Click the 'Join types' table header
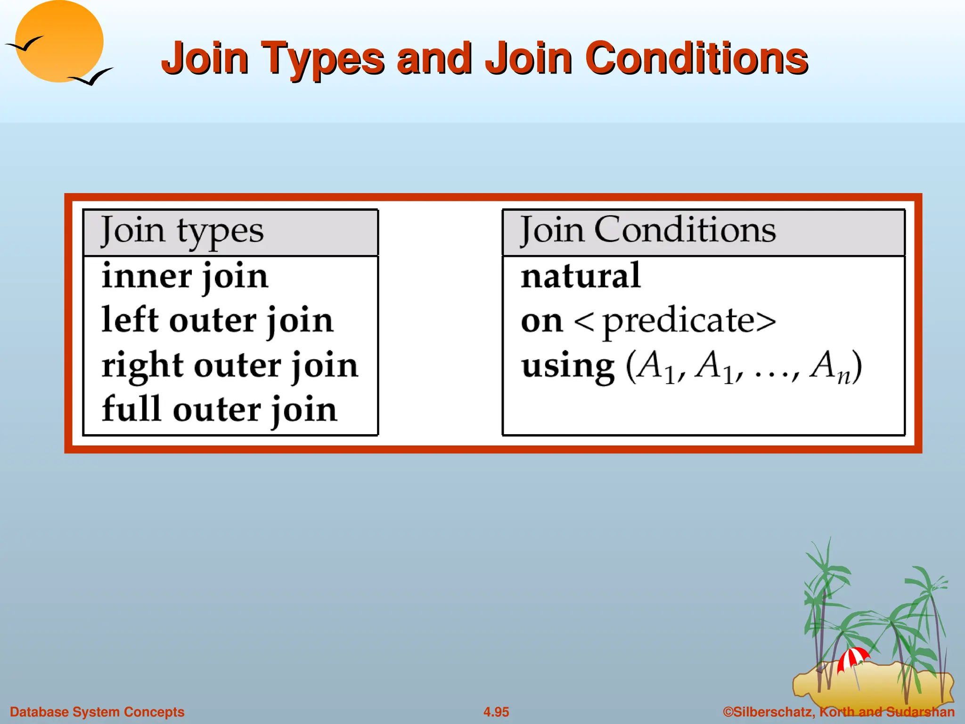point(182,231)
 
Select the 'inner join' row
point(185,276)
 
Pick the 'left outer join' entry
point(217,321)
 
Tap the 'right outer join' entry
point(230,365)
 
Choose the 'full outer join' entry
point(220,409)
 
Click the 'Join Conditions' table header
point(647,230)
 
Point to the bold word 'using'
point(568,367)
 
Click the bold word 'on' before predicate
point(542,322)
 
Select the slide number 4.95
point(496,712)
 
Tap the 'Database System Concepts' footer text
point(97,712)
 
